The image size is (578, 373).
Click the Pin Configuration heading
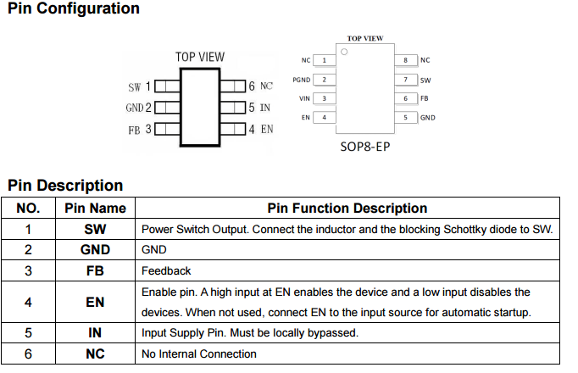[74, 8]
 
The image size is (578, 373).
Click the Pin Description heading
[65, 185]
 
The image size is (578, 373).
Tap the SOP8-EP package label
[365, 146]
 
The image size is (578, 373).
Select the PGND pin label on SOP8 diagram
[302, 80]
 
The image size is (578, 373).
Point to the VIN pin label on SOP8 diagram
[305, 98]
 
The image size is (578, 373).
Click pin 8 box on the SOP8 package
[407, 60]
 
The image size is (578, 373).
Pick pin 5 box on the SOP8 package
[407, 117]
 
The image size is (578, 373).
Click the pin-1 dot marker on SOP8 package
[343, 52]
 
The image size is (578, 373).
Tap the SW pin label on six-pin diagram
[134, 86]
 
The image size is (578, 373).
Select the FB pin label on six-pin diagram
[134, 131]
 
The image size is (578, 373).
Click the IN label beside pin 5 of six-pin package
[264, 108]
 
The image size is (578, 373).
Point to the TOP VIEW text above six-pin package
[200, 57]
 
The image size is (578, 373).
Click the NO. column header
[28, 208]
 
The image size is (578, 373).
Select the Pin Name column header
[95, 208]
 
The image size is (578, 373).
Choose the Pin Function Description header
[347, 208]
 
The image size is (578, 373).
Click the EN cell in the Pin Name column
[95, 302]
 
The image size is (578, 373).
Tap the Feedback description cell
[166, 271]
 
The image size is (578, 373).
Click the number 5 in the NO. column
[28, 333]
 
